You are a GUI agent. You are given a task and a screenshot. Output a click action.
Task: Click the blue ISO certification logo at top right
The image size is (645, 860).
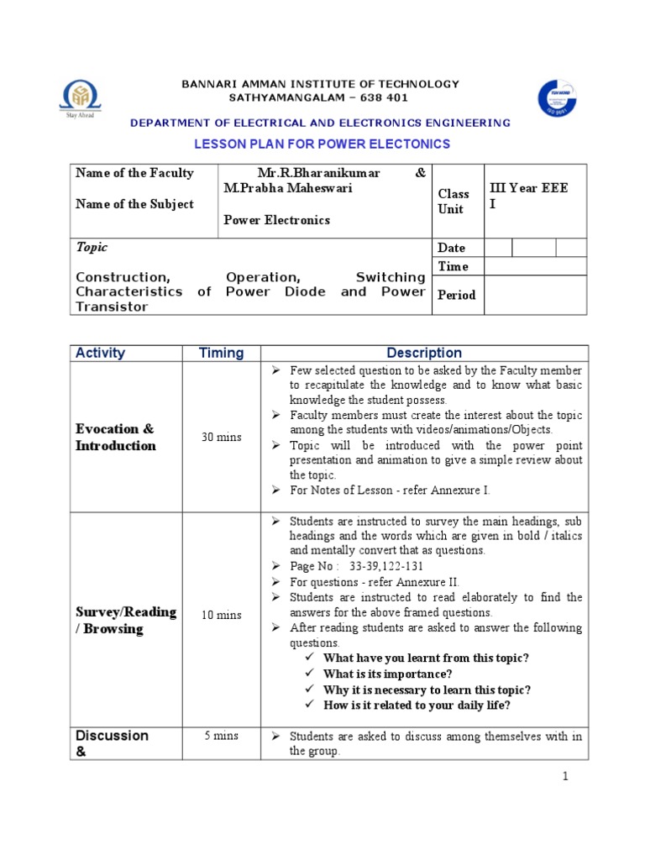pos(557,99)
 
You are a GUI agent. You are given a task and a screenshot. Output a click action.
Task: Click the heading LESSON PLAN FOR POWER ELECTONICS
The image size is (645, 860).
pos(322,144)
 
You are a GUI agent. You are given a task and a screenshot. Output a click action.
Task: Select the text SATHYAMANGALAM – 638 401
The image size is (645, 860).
pos(322,98)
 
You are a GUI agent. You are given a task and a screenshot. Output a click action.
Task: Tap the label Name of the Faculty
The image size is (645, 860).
pos(134,173)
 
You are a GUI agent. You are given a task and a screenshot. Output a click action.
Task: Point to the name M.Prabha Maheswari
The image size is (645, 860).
pos(287,188)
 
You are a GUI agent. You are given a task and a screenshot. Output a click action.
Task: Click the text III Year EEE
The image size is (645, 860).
pos(528,188)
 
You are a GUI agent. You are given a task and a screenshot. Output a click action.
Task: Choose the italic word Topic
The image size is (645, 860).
pos(92,248)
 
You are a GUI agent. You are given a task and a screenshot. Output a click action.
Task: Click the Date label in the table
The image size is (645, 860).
pos(451,248)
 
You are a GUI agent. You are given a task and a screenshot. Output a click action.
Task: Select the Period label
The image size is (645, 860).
pos(456,295)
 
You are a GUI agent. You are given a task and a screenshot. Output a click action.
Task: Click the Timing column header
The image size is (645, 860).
pos(221,353)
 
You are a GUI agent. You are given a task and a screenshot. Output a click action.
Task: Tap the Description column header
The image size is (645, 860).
pos(424,353)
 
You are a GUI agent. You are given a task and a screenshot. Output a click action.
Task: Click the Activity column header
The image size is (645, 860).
pos(100,353)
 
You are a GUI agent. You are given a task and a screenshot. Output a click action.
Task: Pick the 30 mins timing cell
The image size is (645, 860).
pos(221,437)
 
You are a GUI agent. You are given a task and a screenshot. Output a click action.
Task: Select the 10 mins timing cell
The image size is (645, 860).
pos(221,615)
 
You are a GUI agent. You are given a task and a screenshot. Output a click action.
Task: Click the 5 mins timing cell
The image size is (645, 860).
pos(221,736)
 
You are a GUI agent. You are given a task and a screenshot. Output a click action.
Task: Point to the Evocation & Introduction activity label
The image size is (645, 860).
pos(116,438)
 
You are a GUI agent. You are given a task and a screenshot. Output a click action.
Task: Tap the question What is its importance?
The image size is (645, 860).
pos(387,674)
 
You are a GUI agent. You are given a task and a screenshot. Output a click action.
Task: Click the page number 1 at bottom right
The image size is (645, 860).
pos(566,776)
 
